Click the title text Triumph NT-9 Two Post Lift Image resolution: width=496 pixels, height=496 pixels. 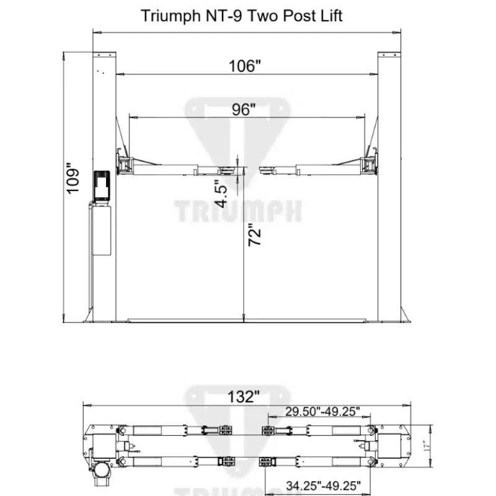pyautogui.click(x=242, y=15)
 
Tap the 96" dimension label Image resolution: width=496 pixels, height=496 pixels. pyautogui.click(x=244, y=109)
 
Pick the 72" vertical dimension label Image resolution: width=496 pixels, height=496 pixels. pyautogui.click(x=255, y=236)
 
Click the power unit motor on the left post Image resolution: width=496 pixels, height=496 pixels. pyautogui.click(x=102, y=185)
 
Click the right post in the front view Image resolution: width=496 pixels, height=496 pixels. pyautogui.click(x=389, y=186)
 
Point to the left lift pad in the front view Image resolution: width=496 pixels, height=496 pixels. pyautogui.click(x=228, y=168)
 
